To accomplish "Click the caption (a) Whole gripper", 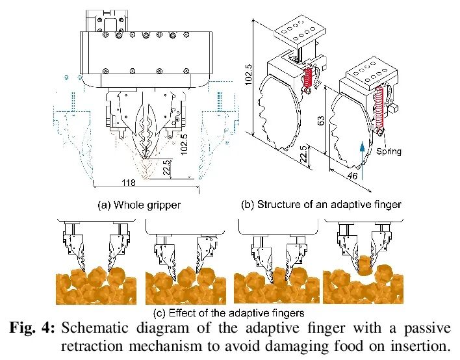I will click(x=139, y=205).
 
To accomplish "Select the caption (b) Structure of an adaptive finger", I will click(x=321, y=205).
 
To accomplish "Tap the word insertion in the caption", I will click(x=420, y=345).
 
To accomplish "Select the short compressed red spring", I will click(x=309, y=81).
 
